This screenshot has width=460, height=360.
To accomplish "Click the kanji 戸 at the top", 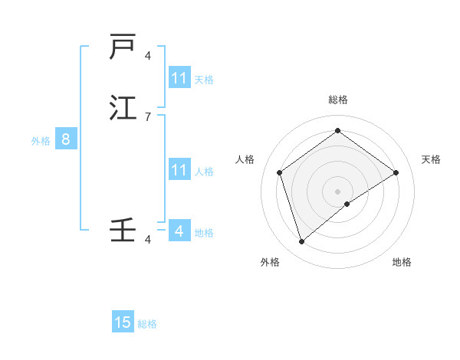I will click(x=123, y=47).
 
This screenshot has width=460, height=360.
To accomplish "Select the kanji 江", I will click(x=123, y=107).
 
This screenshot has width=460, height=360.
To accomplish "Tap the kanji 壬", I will click(x=123, y=230).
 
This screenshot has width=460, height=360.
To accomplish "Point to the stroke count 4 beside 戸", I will click(x=148, y=56).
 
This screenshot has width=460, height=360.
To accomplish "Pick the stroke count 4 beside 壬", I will click(x=148, y=240).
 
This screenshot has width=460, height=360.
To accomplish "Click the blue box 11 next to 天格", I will click(x=179, y=78).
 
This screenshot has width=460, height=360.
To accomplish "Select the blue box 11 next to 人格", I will click(x=179, y=170).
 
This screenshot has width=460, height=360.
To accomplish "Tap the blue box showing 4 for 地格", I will click(x=179, y=231).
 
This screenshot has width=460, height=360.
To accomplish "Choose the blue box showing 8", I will click(x=66, y=139).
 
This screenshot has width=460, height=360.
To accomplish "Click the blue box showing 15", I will click(x=123, y=322).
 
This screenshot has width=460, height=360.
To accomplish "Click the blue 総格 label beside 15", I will click(x=147, y=324).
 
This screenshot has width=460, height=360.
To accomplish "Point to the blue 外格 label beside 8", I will click(x=41, y=141).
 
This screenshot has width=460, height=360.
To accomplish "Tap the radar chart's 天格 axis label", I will click(x=431, y=159).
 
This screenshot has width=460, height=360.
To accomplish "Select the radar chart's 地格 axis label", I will click(x=402, y=262).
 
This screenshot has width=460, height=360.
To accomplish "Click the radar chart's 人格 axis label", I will click(x=245, y=159).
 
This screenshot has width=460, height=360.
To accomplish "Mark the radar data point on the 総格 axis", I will click(x=337, y=131).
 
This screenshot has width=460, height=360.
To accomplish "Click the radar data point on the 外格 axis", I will click(x=301, y=242).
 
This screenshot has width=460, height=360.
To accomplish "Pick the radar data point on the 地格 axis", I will click(x=347, y=204).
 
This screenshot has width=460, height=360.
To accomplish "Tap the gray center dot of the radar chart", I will click(x=337, y=191).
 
